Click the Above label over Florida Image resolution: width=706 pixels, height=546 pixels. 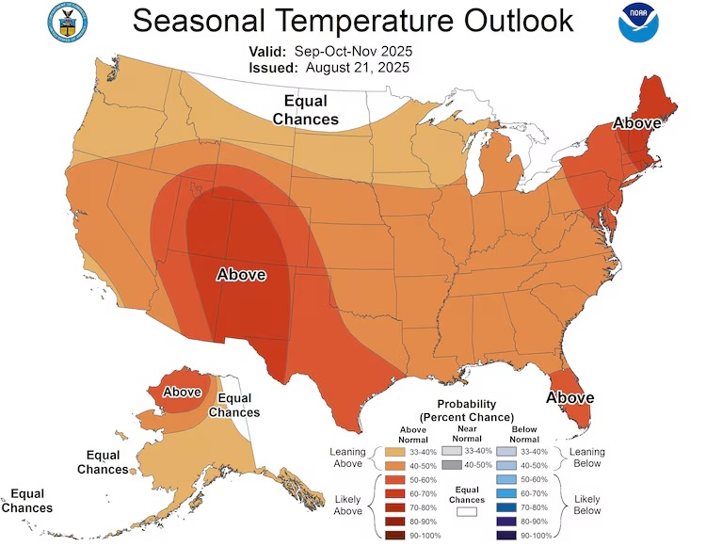coord(570,397)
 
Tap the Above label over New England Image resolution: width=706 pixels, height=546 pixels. coord(636,122)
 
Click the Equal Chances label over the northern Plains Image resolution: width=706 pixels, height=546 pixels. coord(306,109)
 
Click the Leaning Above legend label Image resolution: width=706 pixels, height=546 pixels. coord(346,458)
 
